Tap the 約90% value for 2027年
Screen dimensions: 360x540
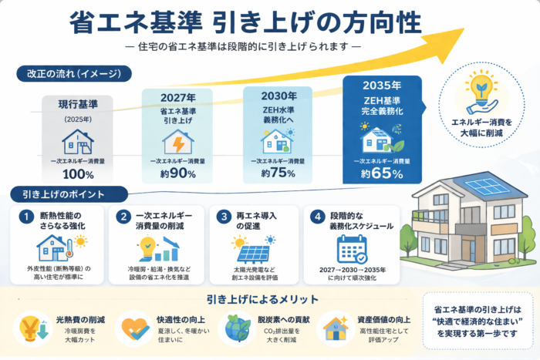177,173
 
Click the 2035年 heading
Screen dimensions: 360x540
381,87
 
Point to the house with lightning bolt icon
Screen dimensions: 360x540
177,141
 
